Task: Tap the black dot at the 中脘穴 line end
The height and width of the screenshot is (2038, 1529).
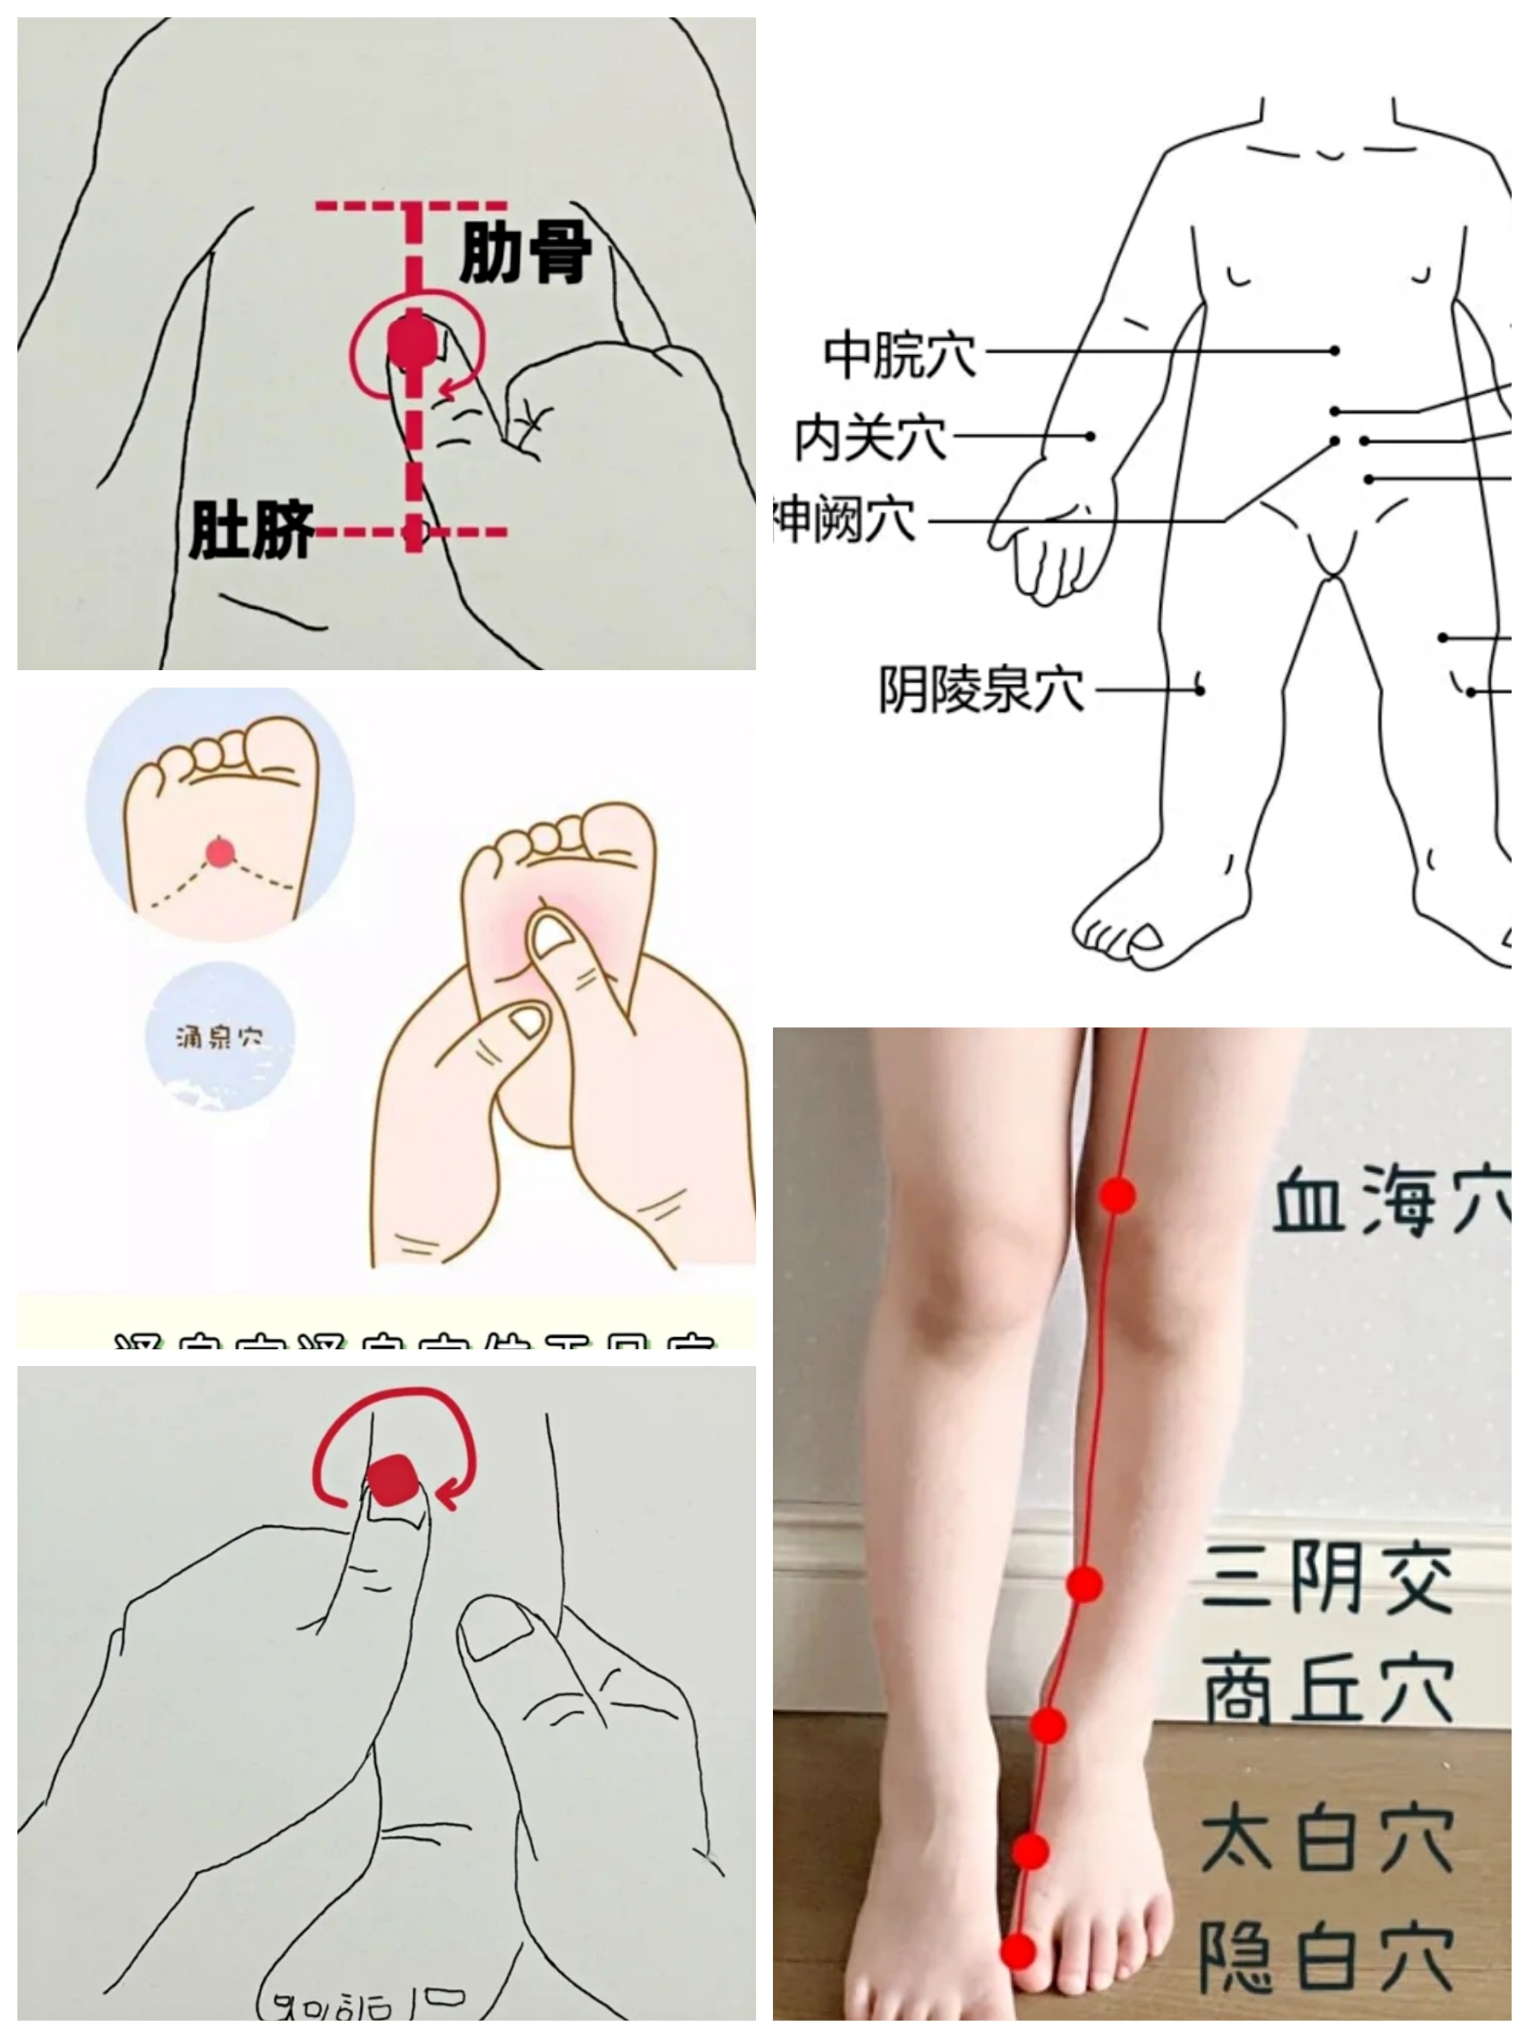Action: tap(1334, 351)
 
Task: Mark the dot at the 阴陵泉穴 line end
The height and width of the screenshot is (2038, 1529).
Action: tap(1200, 689)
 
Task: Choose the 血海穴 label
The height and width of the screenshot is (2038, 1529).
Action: tap(1390, 1199)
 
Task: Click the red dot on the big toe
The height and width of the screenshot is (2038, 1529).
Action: tap(1019, 1950)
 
